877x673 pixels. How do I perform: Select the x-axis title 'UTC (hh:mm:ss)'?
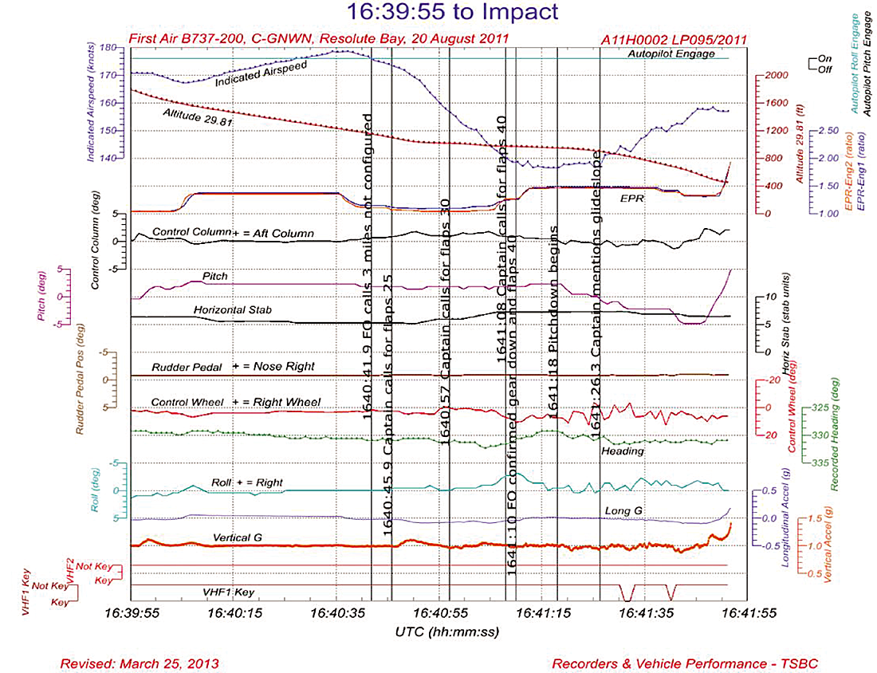438,632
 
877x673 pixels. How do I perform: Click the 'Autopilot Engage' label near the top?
666,53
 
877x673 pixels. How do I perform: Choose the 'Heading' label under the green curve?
623,451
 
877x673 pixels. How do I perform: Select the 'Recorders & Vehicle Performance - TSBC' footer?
684,663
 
